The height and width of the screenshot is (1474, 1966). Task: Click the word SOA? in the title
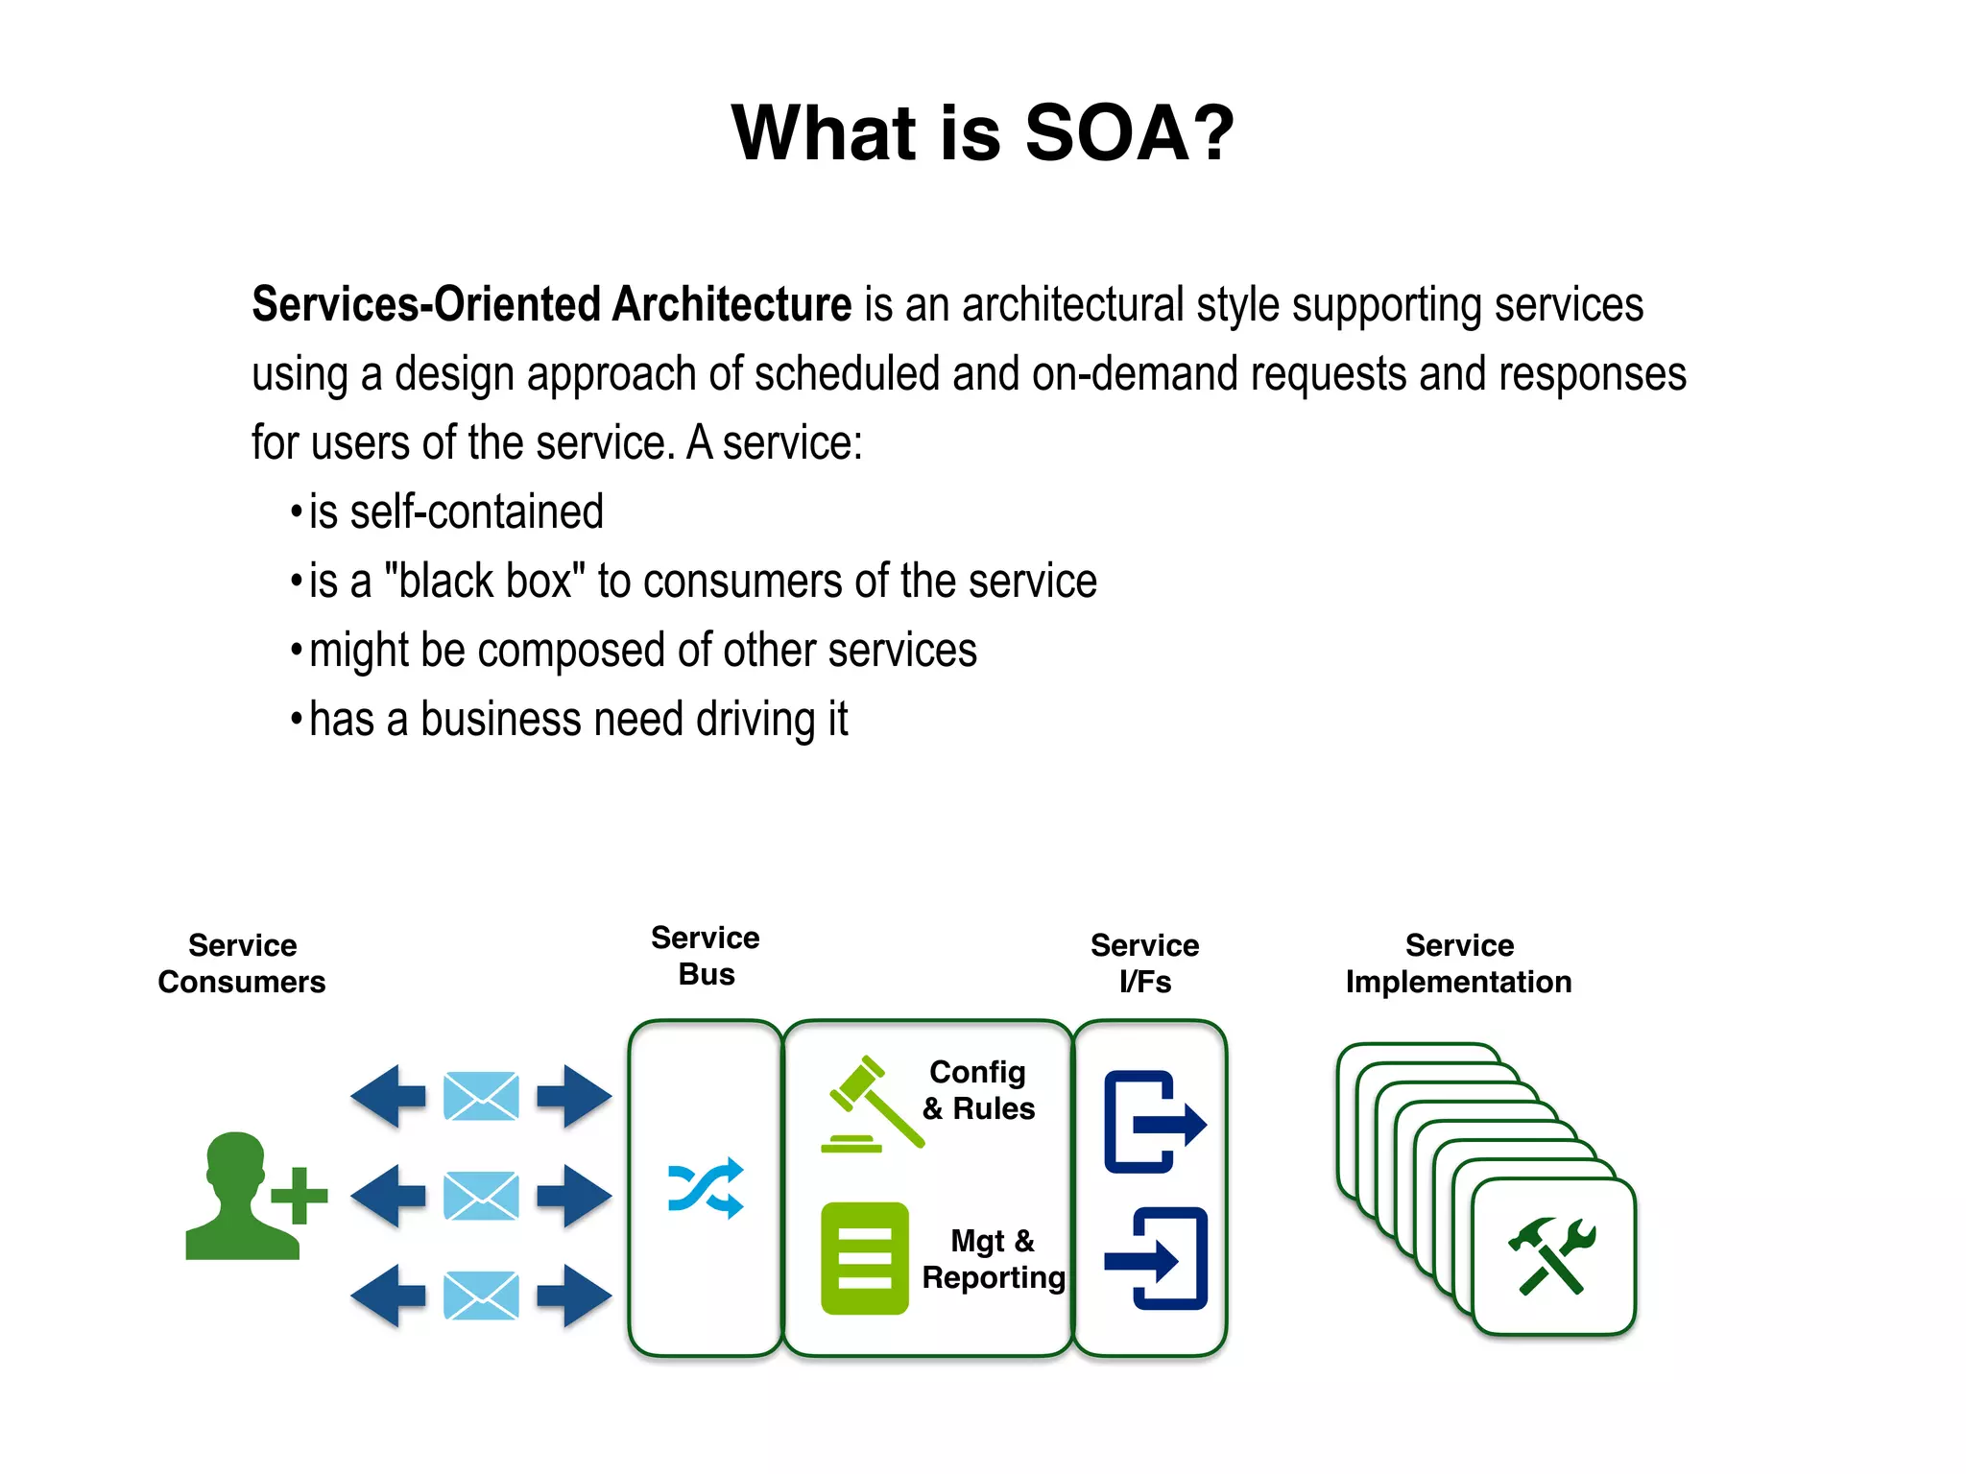pyautogui.click(x=1129, y=133)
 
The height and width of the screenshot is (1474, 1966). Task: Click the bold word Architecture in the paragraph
pyautogui.click(x=731, y=304)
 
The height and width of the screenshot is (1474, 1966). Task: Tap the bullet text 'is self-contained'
pyautogui.click(x=456, y=511)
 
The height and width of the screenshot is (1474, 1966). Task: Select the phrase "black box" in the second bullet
pyautogui.click(x=485, y=582)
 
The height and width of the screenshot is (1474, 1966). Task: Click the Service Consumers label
pyautogui.click(x=242, y=963)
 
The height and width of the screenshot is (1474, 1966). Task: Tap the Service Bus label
pyautogui.click(x=706, y=956)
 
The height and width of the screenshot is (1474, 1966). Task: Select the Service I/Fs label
pyautogui.click(x=1144, y=963)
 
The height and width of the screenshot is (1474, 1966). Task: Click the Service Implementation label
pyautogui.click(x=1458, y=963)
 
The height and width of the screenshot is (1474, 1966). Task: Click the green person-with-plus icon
pyautogui.click(x=252, y=1196)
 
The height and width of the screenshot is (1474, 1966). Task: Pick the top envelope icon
pyautogui.click(x=481, y=1096)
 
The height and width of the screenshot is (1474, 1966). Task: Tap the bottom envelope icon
pyautogui.click(x=481, y=1296)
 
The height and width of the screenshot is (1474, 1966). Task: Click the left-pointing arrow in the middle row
pyautogui.click(x=388, y=1196)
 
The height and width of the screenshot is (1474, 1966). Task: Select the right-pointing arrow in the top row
pyautogui.click(x=574, y=1096)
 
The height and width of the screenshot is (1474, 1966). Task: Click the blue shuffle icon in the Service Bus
pyautogui.click(x=706, y=1188)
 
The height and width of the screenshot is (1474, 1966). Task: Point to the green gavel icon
pyautogui.click(x=870, y=1105)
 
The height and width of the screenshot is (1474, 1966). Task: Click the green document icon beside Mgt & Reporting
pyautogui.click(x=864, y=1258)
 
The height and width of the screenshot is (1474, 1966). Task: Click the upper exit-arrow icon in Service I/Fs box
pyautogui.click(x=1153, y=1122)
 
